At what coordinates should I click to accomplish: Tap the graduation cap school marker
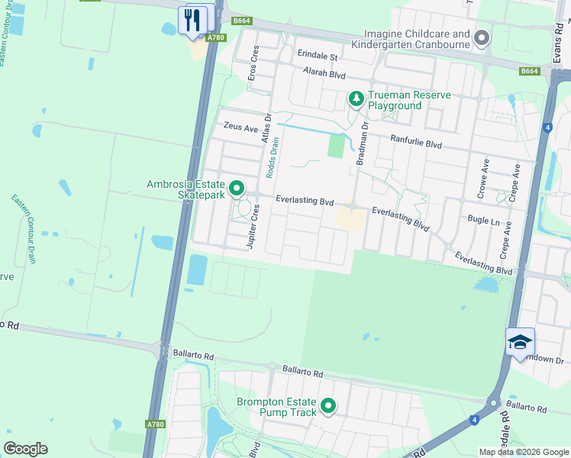520,342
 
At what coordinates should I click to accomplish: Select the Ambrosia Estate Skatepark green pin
237,187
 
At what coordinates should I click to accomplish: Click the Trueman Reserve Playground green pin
355,98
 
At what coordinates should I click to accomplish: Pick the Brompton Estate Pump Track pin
328,405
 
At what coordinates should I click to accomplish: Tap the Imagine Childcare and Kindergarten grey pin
481,37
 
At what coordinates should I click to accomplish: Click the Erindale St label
318,56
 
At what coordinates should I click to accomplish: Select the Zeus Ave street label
240,128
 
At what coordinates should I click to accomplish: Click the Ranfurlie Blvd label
416,140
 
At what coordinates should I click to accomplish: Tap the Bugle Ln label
482,220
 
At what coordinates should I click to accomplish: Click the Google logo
25,449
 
